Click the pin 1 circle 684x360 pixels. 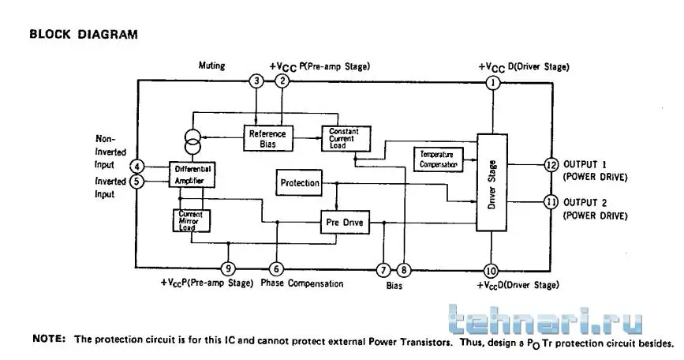pyautogui.click(x=494, y=81)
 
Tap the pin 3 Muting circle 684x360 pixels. pyautogui.click(x=256, y=81)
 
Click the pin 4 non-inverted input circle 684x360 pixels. pyautogui.click(x=137, y=167)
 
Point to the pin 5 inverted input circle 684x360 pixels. pyautogui.click(x=137, y=182)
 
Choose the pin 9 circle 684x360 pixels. pyautogui.click(x=228, y=268)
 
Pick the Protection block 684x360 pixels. pyautogui.click(x=300, y=183)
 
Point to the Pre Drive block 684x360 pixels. pyautogui.click(x=345, y=223)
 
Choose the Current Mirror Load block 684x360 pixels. pyautogui.click(x=190, y=220)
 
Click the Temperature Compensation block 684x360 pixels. pyautogui.click(x=437, y=158)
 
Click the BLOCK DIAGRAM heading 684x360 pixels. pyautogui.click(x=84, y=35)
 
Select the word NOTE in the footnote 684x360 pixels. pyautogui.click(x=49, y=339)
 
